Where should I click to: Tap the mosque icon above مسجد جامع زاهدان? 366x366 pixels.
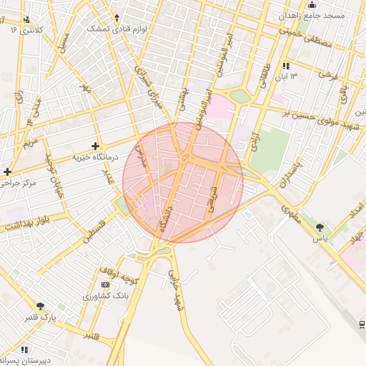click(x=311, y=5)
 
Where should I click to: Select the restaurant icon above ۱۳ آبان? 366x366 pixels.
click(x=286, y=66)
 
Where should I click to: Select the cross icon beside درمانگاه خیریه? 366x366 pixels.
click(x=95, y=146)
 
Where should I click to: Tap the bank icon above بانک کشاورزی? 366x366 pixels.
click(x=106, y=285)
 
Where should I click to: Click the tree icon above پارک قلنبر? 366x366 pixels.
click(x=40, y=306)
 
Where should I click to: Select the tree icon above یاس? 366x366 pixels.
click(x=319, y=228)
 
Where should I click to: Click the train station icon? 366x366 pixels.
click(x=362, y=325)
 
